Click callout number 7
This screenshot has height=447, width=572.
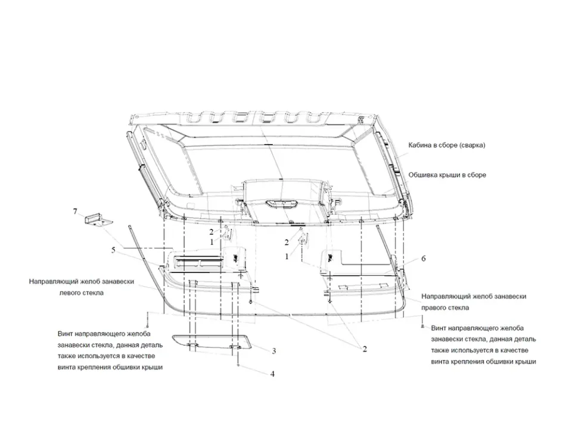(76, 211)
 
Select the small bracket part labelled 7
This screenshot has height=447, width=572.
(98, 221)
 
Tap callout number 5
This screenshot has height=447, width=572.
(113, 250)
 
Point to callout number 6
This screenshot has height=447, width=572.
(423, 258)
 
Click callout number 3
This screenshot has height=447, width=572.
(274, 351)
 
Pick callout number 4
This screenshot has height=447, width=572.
(272, 374)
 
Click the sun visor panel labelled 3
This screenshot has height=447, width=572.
(212, 344)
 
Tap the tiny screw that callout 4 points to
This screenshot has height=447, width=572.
(238, 365)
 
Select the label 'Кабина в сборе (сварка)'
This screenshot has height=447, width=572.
(446, 145)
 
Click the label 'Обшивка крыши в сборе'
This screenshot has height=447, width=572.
(447, 175)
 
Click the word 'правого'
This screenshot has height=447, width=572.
(434, 308)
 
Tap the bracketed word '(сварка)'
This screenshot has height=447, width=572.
(472, 145)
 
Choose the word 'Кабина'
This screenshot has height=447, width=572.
(420, 145)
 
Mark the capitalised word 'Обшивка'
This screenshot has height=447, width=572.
(422, 175)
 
